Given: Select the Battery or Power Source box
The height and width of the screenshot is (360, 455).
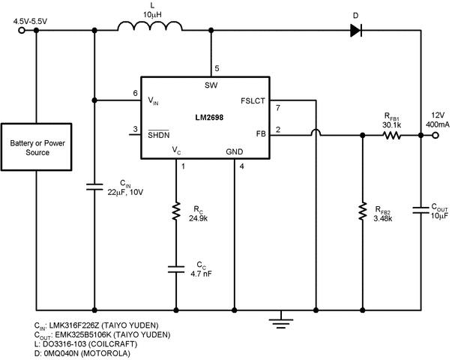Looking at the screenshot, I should [x=30, y=148].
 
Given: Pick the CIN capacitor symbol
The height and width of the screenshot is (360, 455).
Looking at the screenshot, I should [x=95, y=187].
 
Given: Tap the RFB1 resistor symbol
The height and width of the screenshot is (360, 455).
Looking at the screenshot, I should [x=391, y=136].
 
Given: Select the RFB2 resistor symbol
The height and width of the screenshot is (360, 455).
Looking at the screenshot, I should [x=363, y=213].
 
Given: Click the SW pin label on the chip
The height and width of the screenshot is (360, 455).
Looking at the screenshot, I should [x=211, y=84].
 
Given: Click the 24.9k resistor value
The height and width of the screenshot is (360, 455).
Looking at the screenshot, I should [x=197, y=218].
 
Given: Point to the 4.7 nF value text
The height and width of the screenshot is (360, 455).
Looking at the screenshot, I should [x=201, y=274].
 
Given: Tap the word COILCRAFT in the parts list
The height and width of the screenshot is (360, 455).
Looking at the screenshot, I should [x=101, y=343].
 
